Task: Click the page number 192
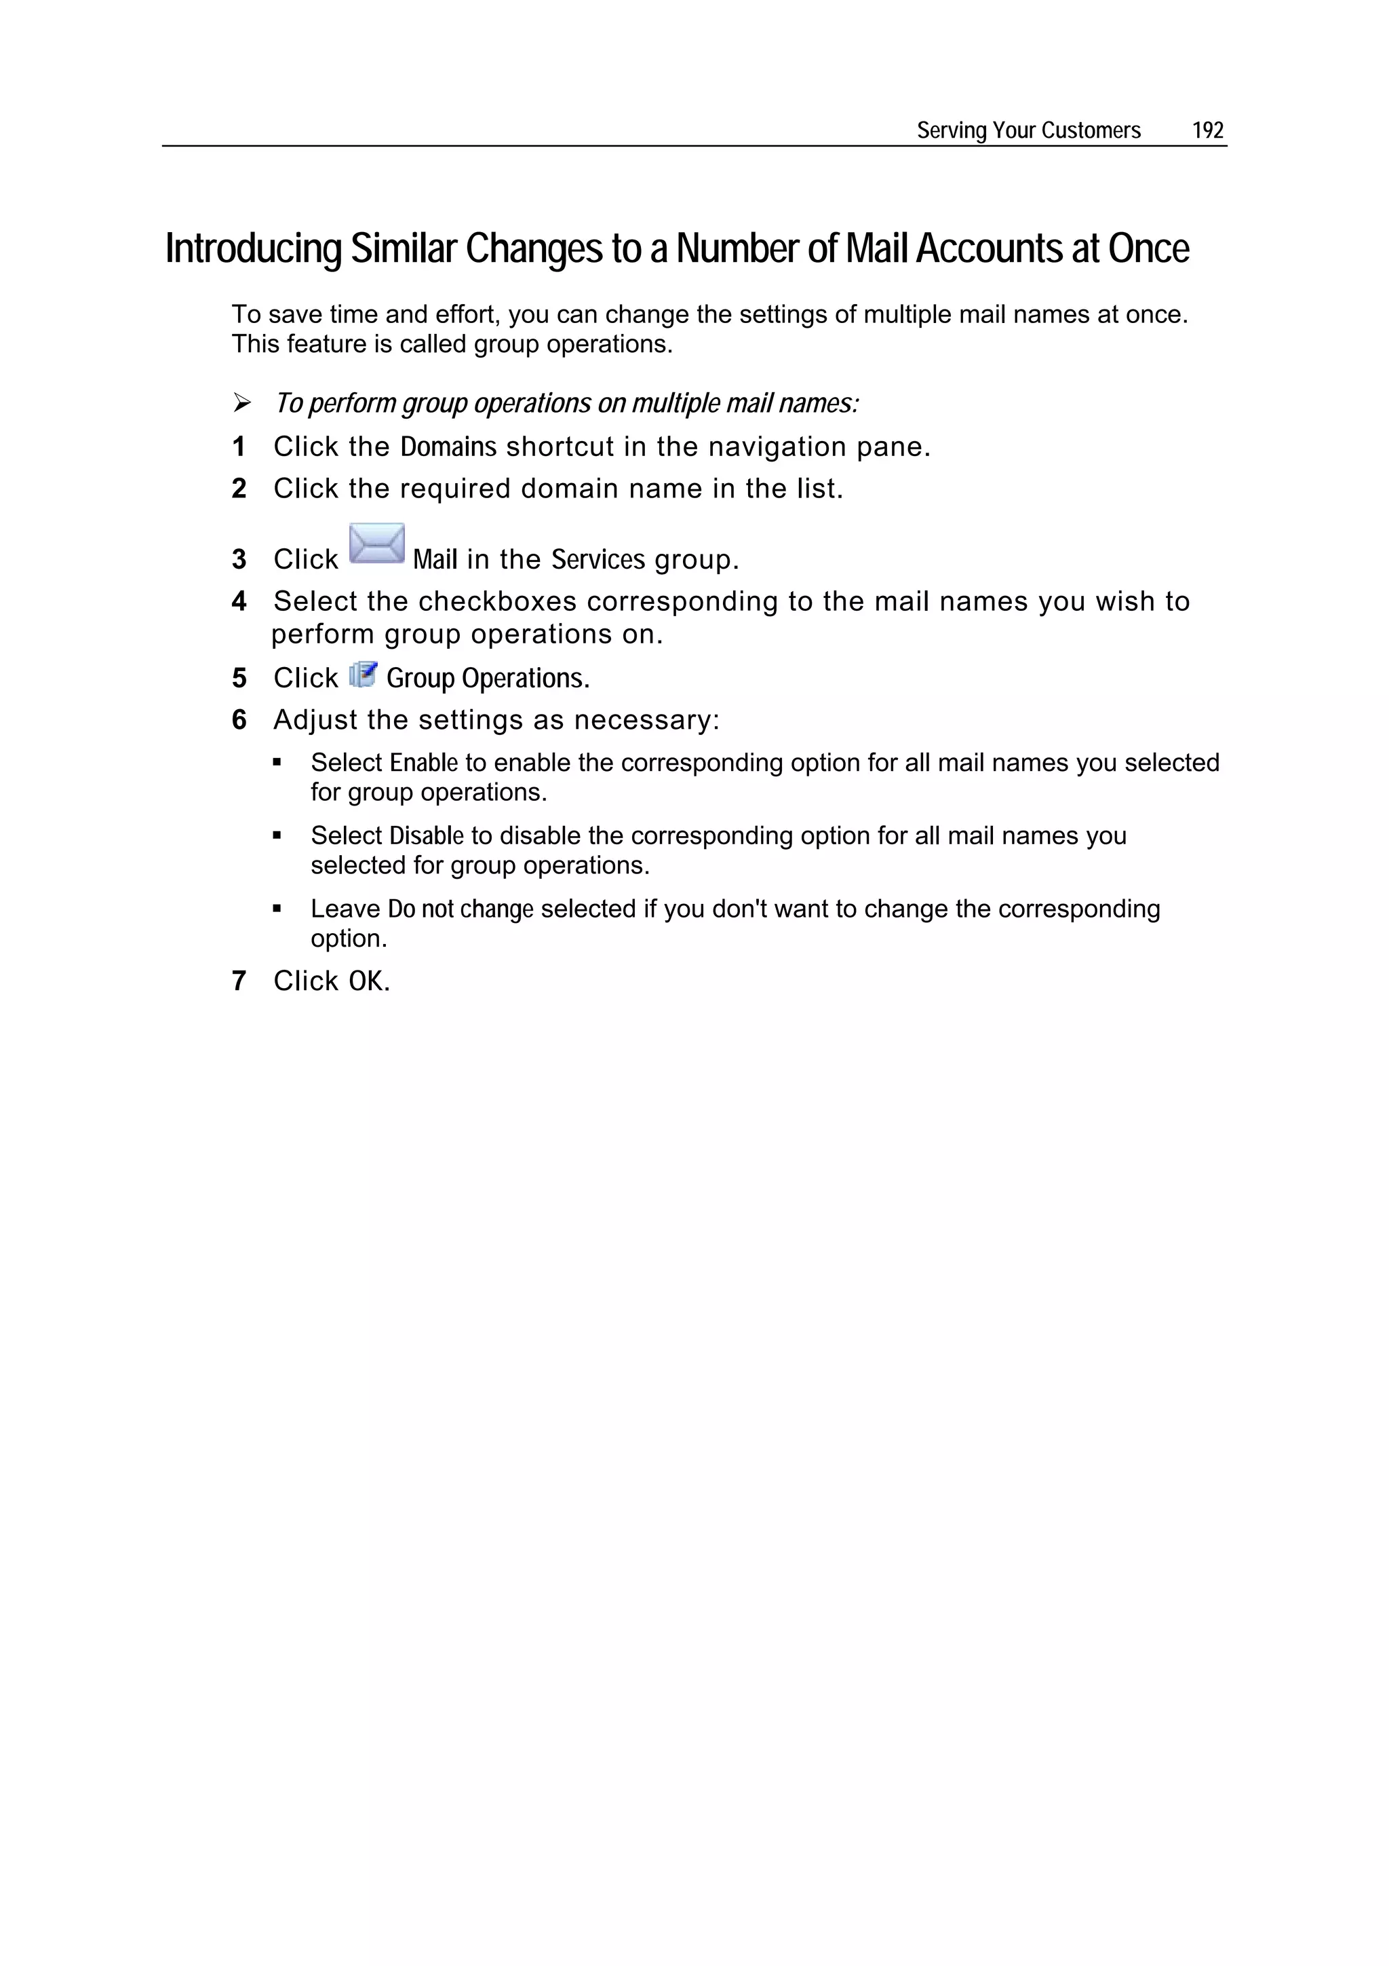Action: tap(1207, 130)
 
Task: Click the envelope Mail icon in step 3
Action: tap(376, 544)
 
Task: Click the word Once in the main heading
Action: tap(1148, 249)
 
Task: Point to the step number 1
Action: tap(239, 447)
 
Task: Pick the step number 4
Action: tap(239, 602)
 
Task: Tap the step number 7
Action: tap(239, 981)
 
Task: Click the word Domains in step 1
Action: tap(448, 447)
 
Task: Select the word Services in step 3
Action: tap(598, 560)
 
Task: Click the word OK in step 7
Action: tap(366, 981)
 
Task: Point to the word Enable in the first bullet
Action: tap(424, 763)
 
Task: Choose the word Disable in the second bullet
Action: tap(426, 835)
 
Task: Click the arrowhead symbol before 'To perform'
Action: tap(242, 402)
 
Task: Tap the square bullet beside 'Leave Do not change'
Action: tap(277, 909)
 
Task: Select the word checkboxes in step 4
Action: tap(497, 602)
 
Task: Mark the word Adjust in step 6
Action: tap(315, 720)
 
